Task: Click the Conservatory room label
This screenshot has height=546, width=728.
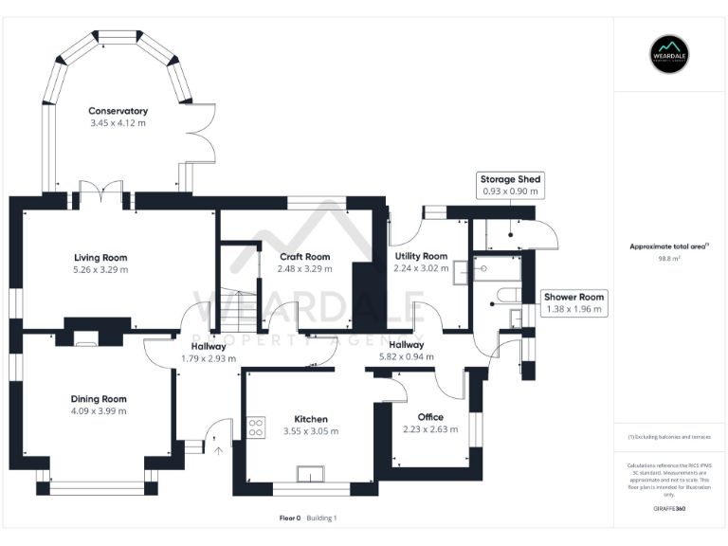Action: coord(118,111)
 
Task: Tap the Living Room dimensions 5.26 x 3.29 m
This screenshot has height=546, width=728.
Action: coord(100,269)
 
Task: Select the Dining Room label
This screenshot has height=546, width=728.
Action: coord(99,399)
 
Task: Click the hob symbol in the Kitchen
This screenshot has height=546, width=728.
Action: coord(256,428)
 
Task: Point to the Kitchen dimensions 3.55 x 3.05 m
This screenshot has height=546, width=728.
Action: coord(310,431)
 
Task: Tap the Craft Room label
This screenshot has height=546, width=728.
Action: coord(304,257)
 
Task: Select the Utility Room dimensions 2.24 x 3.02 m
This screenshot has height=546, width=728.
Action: coord(420,268)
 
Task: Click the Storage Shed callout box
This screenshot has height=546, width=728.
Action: coord(510,185)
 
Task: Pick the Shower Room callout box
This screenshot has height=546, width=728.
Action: coord(573,302)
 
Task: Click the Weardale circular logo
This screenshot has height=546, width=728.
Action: coord(669,55)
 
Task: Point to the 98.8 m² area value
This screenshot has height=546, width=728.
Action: coord(669,258)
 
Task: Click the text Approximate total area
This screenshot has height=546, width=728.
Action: coord(667,246)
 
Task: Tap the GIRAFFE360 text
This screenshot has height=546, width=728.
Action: coord(669,508)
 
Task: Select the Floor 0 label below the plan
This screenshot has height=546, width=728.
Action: coord(290,519)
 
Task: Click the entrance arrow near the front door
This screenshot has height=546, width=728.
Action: coord(219,452)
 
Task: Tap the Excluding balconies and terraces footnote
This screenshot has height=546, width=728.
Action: coord(669,436)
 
